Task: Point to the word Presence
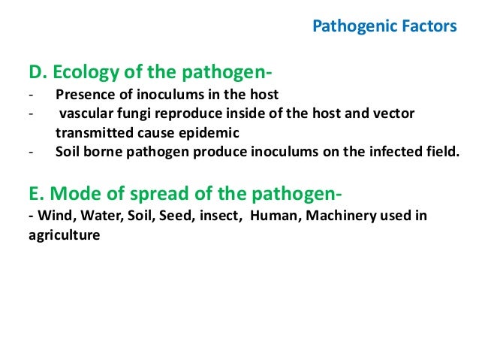coord(83,95)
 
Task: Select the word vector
coord(395,113)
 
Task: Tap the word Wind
coord(50,216)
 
